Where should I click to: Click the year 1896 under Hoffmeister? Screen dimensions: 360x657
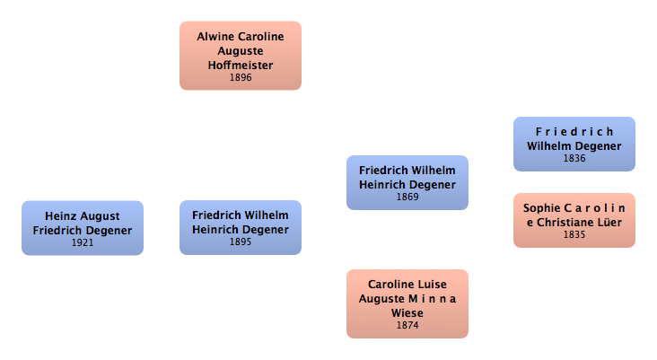coord(240,77)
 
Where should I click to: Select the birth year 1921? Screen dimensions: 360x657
coord(82,242)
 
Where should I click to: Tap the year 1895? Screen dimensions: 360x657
coord(240,241)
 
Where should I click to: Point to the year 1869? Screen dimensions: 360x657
coord(407,197)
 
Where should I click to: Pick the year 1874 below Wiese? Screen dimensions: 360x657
coord(407,325)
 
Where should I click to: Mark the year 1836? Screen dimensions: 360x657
coord(574,158)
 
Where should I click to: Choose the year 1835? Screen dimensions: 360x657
coord(574,234)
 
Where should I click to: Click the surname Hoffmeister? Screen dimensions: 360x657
coord(240,66)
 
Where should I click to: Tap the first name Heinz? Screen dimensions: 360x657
coord(61,215)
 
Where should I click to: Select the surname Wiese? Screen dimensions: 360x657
coord(407,312)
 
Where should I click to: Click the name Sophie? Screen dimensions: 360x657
coord(541,208)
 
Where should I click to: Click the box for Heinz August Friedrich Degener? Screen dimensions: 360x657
coord(82,228)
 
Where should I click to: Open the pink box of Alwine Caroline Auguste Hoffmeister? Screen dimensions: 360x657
coord(240,56)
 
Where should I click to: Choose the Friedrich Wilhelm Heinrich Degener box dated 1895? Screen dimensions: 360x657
coord(240,228)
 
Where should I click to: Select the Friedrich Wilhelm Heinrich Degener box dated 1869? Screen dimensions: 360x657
coord(407,182)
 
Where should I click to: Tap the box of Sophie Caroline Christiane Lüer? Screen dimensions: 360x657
coord(574,220)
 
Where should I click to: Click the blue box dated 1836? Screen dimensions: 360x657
coord(574,144)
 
